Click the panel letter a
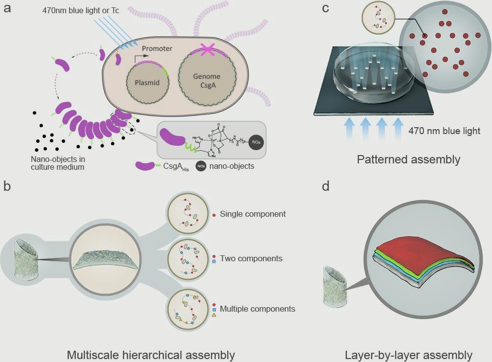[x=7, y=8]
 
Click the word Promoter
[x=158, y=49]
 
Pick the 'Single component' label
[x=253, y=214]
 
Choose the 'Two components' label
[x=251, y=258]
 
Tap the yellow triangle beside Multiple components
[x=214, y=316]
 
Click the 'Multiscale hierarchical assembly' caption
[x=150, y=355]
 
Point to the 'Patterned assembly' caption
[x=408, y=159]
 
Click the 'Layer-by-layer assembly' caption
[x=408, y=355]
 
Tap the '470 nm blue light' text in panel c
[x=445, y=131]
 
